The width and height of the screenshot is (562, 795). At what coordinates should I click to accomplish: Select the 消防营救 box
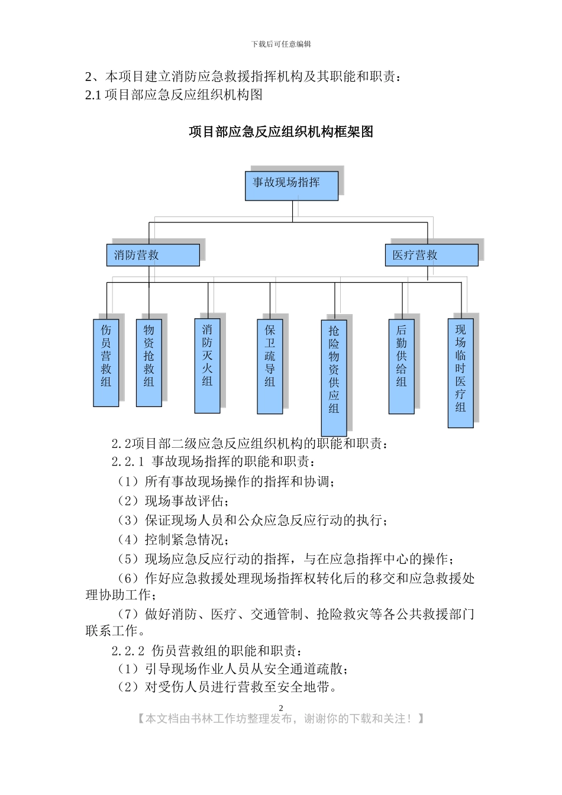pos(153,255)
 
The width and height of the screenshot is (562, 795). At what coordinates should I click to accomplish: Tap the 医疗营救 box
pos(431,255)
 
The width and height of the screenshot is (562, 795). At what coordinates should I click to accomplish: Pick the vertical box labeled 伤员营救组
pos(106,363)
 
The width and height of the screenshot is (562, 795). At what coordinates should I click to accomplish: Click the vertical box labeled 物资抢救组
pos(149,363)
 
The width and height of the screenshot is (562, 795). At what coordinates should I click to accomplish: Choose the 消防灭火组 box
pos(208,366)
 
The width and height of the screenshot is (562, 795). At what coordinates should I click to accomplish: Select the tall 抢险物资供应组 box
pos(334,377)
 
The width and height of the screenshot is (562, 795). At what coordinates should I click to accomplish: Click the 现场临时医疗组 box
pos(460,373)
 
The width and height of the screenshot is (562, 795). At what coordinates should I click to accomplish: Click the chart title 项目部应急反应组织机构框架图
pos(281,131)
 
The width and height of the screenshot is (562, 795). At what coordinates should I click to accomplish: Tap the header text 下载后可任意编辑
pos(281,44)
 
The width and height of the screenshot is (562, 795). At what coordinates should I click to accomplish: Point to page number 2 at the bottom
pos(281,708)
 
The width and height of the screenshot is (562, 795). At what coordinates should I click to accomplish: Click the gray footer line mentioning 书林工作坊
pos(281,719)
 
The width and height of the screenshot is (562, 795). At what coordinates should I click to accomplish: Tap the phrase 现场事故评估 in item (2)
pos(183,501)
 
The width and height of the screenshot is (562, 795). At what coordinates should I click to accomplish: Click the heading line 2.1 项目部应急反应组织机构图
pos(174,95)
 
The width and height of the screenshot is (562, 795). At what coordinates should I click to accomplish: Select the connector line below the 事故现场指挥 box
pos(292,211)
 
